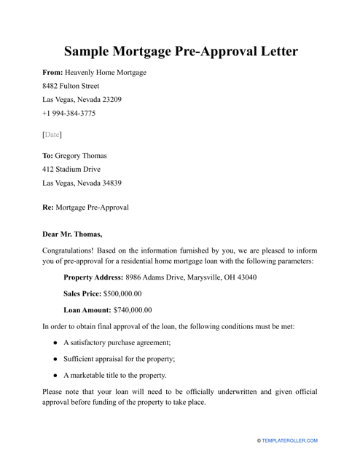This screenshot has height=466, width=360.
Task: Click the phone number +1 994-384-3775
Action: pos(69,114)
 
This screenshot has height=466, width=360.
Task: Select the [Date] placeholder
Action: pos(52,135)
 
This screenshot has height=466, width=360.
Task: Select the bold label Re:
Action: pos(50,207)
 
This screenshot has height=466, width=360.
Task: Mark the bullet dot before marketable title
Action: pos(55,376)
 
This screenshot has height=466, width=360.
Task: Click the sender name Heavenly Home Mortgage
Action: pos(106,73)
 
